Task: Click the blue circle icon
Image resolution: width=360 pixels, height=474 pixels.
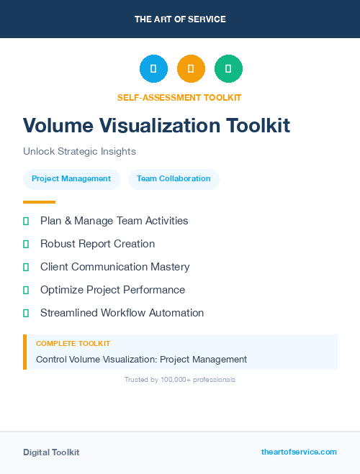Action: pos(153,69)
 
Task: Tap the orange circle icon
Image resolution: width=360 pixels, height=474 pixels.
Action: pos(191,69)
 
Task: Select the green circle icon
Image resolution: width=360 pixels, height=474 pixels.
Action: pos(228,69)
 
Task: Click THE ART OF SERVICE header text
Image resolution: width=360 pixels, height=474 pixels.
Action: pos(180,19)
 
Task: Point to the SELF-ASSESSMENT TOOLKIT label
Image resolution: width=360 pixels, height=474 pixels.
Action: pos(179,97)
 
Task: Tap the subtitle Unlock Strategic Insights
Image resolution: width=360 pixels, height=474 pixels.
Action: pos(79,152)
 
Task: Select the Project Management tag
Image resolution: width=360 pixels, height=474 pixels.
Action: pos(71,179)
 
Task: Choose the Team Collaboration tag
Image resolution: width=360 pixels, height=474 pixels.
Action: pos(174,179)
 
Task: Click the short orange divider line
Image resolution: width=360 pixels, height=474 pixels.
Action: pos(39,202)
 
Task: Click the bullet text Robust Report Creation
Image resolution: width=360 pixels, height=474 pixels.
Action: pos(97,244)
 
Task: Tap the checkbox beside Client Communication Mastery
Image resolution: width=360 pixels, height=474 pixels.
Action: pos(26,267)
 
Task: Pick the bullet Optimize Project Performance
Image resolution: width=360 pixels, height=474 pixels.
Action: pos(112,290)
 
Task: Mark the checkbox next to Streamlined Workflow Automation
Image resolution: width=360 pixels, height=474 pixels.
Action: pos(26,313)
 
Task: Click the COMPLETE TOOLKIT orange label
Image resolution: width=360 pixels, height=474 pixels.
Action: pos(73,344)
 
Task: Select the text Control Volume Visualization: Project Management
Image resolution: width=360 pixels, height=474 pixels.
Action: pos(141,359)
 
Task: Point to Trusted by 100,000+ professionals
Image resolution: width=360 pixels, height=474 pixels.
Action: pos(180,379)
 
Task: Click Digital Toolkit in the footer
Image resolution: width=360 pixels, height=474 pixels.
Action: pos(51,452)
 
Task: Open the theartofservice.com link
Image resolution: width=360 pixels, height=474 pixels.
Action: pos(299,452)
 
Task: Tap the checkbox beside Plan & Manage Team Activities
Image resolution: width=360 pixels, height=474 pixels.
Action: pos(26,221)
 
